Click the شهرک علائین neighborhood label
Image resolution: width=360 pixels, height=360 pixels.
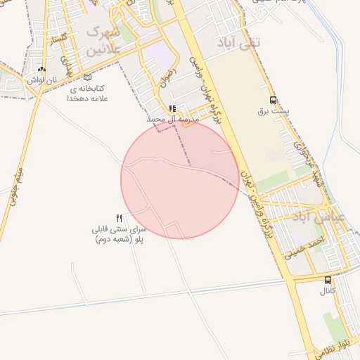[103, 41]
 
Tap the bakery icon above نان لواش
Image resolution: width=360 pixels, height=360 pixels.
[41, 70]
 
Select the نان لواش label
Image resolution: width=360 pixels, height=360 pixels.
[41, 80]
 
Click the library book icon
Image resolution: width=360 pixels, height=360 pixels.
[87, 77]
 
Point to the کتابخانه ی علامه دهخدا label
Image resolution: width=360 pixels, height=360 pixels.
[86, 94]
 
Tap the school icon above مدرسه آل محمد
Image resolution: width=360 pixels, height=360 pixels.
[172, 109]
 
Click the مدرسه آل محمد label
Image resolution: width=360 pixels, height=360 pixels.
[173, 120]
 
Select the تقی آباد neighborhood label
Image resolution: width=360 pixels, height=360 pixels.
[250, 43]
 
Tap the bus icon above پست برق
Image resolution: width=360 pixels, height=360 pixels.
[274, 100]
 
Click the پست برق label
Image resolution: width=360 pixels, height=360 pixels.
[273, 111]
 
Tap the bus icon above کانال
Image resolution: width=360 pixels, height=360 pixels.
[328, 280]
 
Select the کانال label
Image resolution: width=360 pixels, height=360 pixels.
[328, 290]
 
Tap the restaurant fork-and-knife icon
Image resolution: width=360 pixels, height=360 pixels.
[119, 218]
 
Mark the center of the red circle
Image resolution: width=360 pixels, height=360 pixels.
[180, 179]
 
